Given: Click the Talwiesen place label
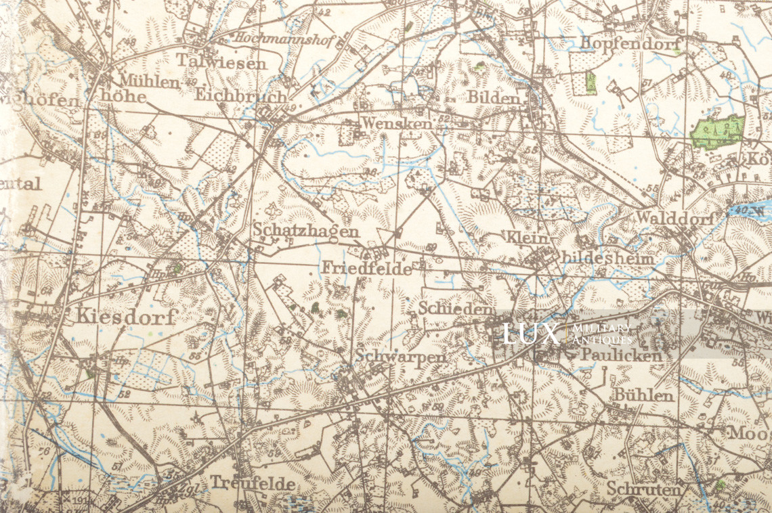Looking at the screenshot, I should click(x=221, y=62).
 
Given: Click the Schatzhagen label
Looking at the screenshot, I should click(x=306, y=231).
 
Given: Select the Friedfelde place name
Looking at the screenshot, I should click(x=366, y=268).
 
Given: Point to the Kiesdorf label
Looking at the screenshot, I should click(x=126, y=316).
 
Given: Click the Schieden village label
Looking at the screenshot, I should click(x=454, y=309).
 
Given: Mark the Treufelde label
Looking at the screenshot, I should click(x=252, y=483).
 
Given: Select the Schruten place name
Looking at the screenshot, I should click(x=643, y=488).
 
